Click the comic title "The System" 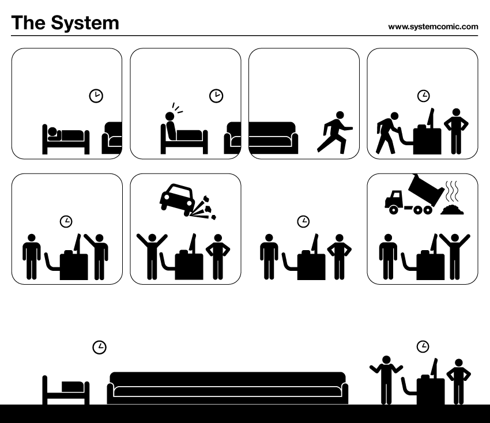pos(65,23)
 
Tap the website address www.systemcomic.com pos(433,27)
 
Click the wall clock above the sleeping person pos(96,96)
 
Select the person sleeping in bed pos(65,136)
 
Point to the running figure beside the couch pos(334,133)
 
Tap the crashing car pos(178,198)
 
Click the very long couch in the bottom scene pos(228,388)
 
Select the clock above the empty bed pos(99,347)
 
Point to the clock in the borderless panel pos(303,221)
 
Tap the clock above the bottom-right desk pos(423,346)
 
